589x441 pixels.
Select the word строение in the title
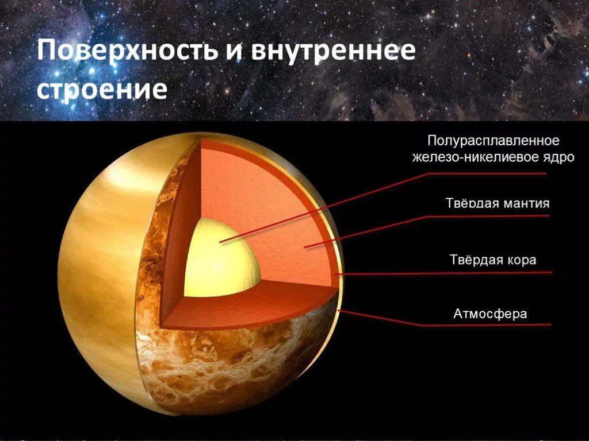click(102, 90)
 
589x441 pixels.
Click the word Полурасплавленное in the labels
click(493, 141)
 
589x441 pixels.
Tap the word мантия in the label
click(524, 203)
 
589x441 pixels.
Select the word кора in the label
click(522, 260)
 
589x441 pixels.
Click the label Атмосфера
click(491, 314)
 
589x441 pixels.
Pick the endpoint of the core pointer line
click(220, 241)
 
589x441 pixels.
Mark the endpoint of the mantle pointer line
click(305, 247)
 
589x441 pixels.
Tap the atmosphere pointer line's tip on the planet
click(341, 311)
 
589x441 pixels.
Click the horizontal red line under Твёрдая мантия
click(489, 216)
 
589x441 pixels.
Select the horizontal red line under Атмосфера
click(489, 325)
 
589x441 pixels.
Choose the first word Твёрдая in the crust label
click(475, 260)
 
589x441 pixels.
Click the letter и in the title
click(233, 52)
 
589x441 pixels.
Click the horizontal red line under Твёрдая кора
click(489, 273)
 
